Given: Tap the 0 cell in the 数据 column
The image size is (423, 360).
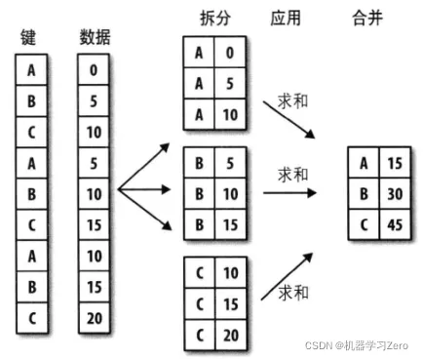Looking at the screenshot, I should [94, 68].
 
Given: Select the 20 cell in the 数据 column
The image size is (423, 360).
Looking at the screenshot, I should [94, 317].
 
